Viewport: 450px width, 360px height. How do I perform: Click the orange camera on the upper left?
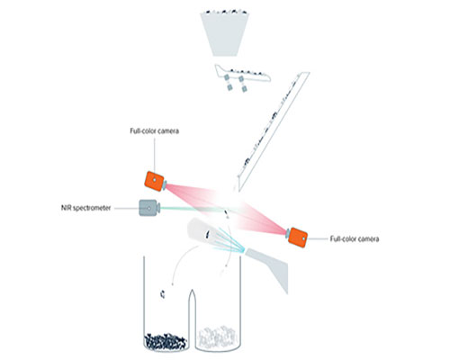tap(154, 181)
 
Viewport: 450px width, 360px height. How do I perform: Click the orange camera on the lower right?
tap(298, 238)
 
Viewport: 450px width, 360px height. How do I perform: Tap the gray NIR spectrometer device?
tap(148, 208)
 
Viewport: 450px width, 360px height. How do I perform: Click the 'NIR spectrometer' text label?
tap(86, 208)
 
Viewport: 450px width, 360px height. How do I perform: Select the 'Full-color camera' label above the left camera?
tap(155, 131)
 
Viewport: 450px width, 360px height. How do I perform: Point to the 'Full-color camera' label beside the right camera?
tap(355, 239)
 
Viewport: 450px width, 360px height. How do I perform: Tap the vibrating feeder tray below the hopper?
tap(242, 74)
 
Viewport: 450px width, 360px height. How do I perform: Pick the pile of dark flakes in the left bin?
tap(166, 341)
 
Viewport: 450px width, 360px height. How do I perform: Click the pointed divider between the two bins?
tap(192, 318)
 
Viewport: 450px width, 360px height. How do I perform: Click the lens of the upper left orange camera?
tap(165, 184)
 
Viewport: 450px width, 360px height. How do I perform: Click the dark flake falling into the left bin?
tap(163, 294)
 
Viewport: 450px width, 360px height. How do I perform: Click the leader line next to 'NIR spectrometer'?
tap(126, 208)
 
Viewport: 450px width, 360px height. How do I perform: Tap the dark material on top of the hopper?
tap(225, 12)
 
